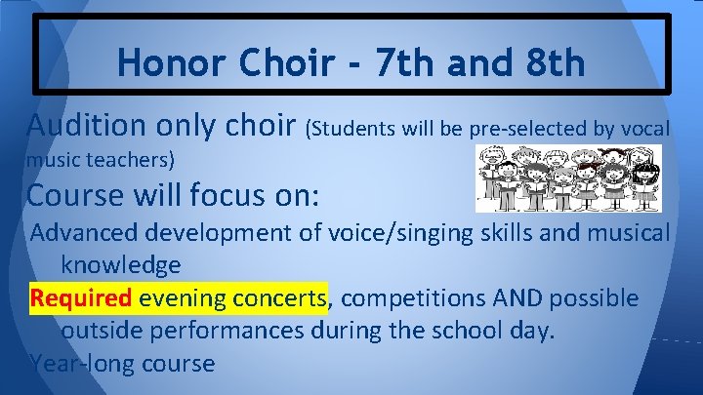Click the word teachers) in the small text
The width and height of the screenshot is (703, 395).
[127, 158]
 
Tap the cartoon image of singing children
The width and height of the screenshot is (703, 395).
[567, 178]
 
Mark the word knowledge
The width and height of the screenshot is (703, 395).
[120, 264]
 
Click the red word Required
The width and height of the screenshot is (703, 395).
[81, 297]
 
